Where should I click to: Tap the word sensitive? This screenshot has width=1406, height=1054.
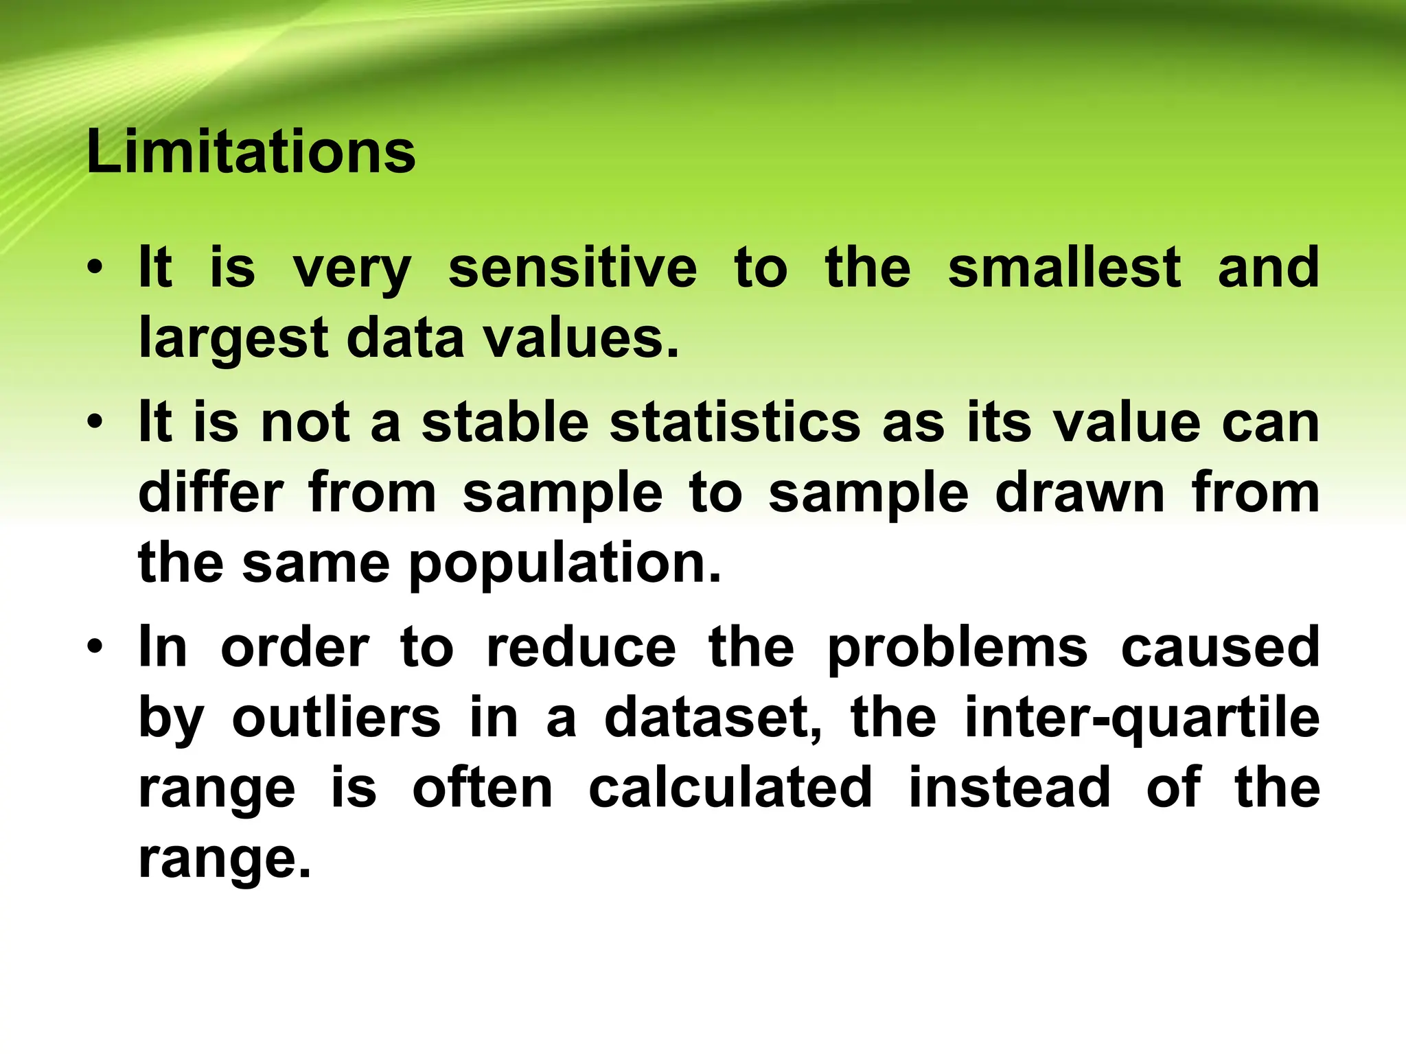pyautogui.click(x=573, y=268)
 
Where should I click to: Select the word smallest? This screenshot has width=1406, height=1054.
pyautogui.click(x=1064, y=268)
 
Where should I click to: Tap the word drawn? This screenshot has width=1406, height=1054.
pyautogui.click(x=1080, y=493)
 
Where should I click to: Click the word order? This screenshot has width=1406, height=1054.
pyautogui.click(x=295, y=647)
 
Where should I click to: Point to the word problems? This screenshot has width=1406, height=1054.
pyautogui.click(x=957, y=648)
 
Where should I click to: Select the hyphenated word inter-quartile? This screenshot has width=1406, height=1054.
pyautogui.click(x=1142, y=719)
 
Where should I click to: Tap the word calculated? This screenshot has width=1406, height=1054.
pyautogui.click(x=730, y=788)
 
